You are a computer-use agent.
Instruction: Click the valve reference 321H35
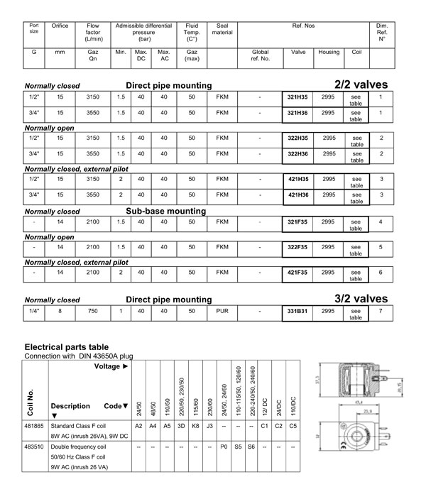296,97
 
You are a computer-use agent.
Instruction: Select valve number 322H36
296,153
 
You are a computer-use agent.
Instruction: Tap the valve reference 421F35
296,271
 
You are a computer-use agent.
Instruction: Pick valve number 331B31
296,310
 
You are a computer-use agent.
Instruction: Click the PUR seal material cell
222,310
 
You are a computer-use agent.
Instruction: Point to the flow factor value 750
93,310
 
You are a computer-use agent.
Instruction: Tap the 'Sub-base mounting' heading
166,211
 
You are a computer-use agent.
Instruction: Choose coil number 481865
36,425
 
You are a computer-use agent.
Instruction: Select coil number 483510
36,448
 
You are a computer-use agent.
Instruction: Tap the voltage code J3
209,425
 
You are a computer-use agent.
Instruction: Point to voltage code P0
224,448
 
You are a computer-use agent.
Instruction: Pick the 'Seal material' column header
222,28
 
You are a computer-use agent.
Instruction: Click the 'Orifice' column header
60,26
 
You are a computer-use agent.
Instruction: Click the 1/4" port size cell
34,310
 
